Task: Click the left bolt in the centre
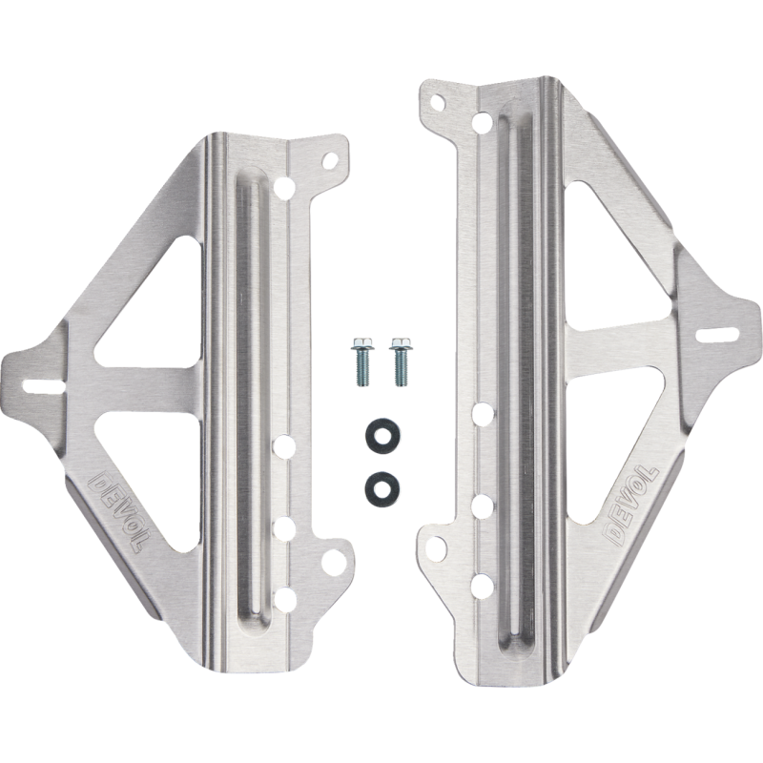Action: click(361, 361)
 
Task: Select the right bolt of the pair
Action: click(400, 361)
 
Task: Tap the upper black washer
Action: click(378, 435)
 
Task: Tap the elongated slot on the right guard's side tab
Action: click(718, 336)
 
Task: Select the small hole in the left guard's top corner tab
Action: click(331, 159)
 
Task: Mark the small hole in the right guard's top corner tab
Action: click(439, 103)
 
